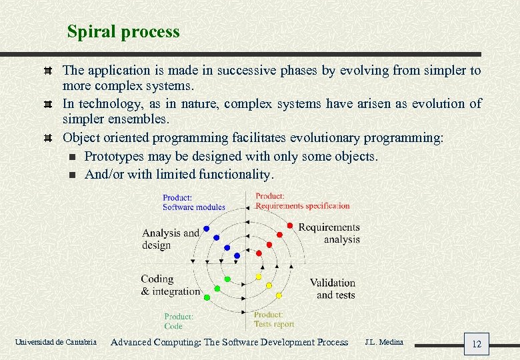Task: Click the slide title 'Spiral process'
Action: (x=123, y=31)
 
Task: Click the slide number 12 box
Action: (x=476, y=344)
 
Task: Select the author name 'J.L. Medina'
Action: (x=384, y=342)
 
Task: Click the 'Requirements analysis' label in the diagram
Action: (x=329, y=233)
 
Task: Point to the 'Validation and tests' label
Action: (x=333, y=289)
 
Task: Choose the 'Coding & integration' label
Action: (x=170, y=285)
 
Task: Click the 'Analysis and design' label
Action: (x=170, y=239)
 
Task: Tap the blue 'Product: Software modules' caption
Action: (x=193, y=202)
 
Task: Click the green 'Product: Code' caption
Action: (x=179, y=321)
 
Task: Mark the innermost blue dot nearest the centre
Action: (x=237, y=255)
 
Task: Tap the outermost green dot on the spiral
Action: (x=207, y=297)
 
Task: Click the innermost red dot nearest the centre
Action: (x=259, y=253)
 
